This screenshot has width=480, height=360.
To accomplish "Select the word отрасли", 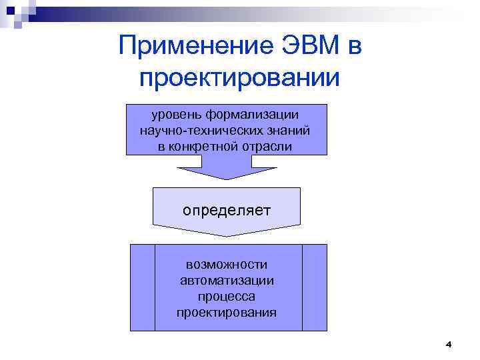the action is tap(270, 146).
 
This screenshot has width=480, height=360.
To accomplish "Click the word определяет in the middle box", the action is tap(227, 211).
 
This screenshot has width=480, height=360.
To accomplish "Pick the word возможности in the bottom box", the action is tap(227, 265).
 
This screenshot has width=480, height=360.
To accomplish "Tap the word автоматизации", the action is tap(227, 280).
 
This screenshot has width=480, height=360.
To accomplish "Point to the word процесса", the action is tap(227, 296).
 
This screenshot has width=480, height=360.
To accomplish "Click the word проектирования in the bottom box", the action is tap(227, 312).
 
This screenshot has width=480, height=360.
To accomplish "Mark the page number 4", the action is tap(448, 345).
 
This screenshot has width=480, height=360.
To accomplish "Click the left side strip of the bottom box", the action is tap(142, 287).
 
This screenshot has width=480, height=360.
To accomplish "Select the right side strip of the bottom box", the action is tap(315, 287).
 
